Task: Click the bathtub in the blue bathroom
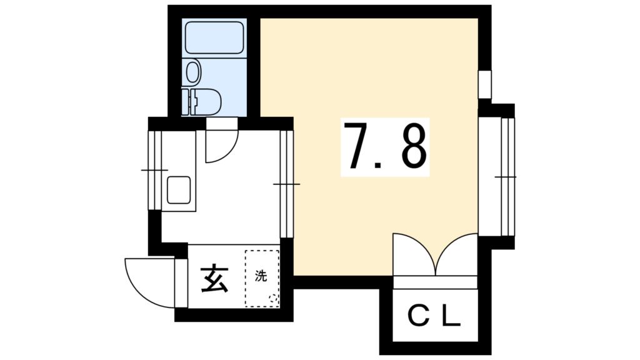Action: pos(214,37)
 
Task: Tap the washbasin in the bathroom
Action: pos(193,72)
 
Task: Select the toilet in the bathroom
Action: pos(202,102)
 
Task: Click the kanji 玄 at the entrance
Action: pos(215,279)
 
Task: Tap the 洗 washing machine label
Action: pos(261,276)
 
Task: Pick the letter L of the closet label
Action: pos(452,316)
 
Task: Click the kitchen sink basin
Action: pos(179,190)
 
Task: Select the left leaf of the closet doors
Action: pos(414,254)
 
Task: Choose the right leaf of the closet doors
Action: pos(457,254)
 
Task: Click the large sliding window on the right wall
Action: pos(507,177)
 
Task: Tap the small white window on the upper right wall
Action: pos(485,84)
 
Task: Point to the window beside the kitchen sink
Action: pos(155,170)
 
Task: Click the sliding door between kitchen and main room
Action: pos(286,184)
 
